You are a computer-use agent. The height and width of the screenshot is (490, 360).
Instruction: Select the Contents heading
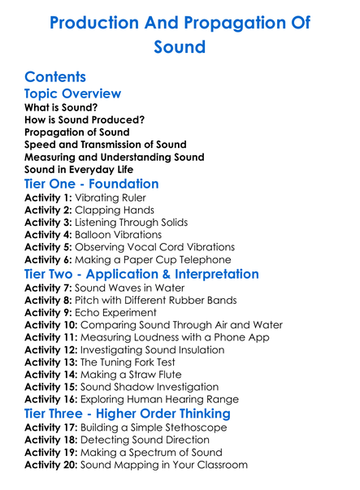pyautogui.click(x=55, y=77)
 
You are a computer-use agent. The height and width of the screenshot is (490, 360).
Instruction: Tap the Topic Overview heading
pyautogui.click(x=73, y=93)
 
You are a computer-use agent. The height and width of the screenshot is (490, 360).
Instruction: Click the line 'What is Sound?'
pyautogui.click(x=61, y=107)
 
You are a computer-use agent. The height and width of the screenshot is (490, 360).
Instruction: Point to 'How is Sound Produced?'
pyautogui.click(x=85, y=119)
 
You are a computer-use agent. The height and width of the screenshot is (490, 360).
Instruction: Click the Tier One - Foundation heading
pyautogui.click(x=91, y=184)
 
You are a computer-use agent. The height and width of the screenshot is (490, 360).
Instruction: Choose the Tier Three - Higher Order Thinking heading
pyautogui.click(x=127, y=414)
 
